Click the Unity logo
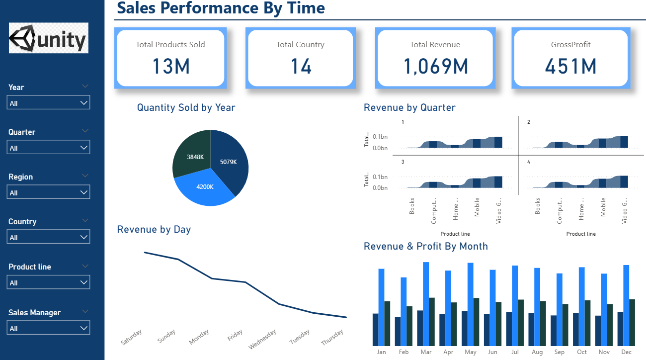pyautogui.click(x=49, y=38)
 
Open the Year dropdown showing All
pyautogui.click(x=49, y=103)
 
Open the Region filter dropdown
pyautogui.click(x=49, y=192)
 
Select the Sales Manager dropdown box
pyautogui.click(x=49, y=328)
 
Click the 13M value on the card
pyautogui.click(x=170, y=66)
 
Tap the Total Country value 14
pyautogui.click(x=301, y=66)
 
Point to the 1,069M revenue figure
pyautogui.click(x=435, y=66)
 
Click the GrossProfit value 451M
pyautogui.click(x=570, y=66)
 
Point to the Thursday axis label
pyautogui.click(x=332, y=338)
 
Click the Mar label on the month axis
pyautogui.click(x=426, y=352)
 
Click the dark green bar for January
pyautogui.click(x=388, y=323)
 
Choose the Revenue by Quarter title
pyautogui.click(x=409, y=107)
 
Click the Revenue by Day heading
pyautogui.click(x=154, y=229)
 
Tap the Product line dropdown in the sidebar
pyautogui.click(x=49, y=282)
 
